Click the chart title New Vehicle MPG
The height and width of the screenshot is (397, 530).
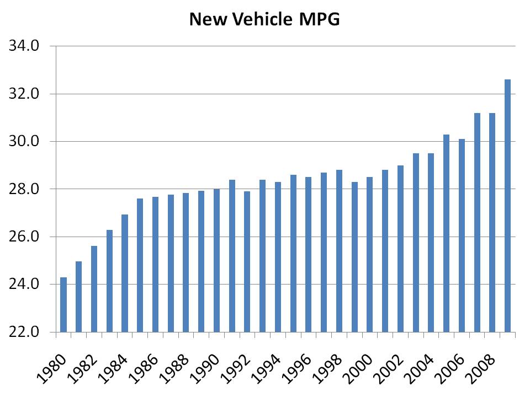pos(264,20)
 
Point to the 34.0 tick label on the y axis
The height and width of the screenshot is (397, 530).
pos(23,46)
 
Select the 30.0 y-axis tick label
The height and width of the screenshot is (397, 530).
pos(23,142)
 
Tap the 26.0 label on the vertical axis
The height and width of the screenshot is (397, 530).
pos(23,237)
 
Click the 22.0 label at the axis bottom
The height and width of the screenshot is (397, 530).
pos(23,332)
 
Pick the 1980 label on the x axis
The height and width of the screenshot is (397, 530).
pos(52,368)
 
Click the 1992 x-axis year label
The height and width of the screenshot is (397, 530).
pos(236,368)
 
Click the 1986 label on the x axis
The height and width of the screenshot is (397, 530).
pos(145,368)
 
